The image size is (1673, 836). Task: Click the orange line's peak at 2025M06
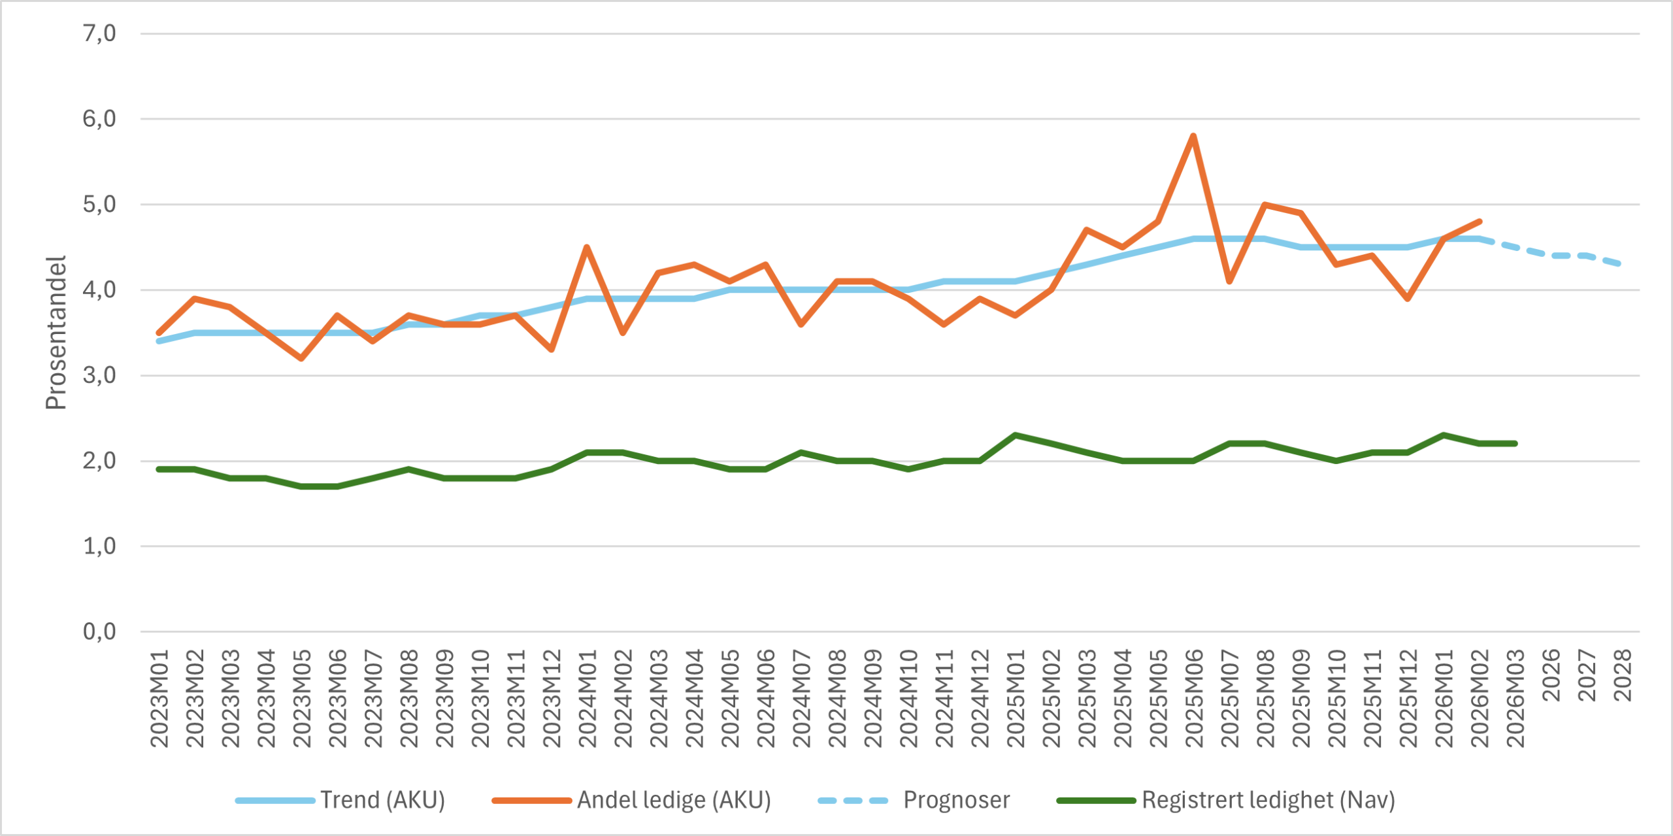tap(1193, 136)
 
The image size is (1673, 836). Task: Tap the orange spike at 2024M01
tap(587, 247)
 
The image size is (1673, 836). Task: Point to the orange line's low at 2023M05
tap(301, 358)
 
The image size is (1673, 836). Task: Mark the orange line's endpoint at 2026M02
tap(1479, 222)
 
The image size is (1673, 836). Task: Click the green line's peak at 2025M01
tap(1015, 435)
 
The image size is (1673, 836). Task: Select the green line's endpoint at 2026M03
tap(1515, 444)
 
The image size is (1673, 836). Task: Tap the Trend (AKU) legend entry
tap(382, 800)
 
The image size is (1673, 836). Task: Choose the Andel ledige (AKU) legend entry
tap(673, 800)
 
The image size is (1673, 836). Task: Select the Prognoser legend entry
tap(956, 800)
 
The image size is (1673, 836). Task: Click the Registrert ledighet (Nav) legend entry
tap(1268, 800)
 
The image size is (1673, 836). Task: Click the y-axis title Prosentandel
tap(56, 332)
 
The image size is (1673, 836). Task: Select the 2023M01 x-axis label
tap(159, 698)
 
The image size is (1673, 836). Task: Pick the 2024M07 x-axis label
tap(801, 698)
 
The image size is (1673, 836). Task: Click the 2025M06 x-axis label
tap(1194, 698)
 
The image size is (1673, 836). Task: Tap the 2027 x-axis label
tap(1587, 675)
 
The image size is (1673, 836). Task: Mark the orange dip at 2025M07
tap(1229, 282)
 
